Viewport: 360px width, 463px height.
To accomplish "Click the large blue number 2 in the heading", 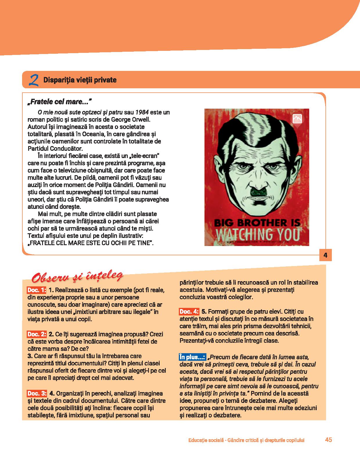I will click(x=34, y=80).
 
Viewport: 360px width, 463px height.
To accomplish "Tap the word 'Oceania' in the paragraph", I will click(x=93, y=134).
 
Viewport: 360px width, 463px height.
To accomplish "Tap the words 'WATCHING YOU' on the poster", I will click(x=257, y=234).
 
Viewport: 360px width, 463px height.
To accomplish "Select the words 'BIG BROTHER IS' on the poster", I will click(x=257, y=223).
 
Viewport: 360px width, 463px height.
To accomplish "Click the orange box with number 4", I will click(x=325, y=255).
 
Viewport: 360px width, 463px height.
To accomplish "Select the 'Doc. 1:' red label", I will click(x=37, y=290).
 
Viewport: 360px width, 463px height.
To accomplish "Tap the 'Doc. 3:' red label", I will click(x=37, y=394).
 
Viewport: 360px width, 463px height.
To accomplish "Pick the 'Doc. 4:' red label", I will click(x=189, y=312).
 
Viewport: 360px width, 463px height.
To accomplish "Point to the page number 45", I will click(x=328, y=440).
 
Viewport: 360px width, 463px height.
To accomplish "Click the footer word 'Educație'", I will click(x=199, y=440).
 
